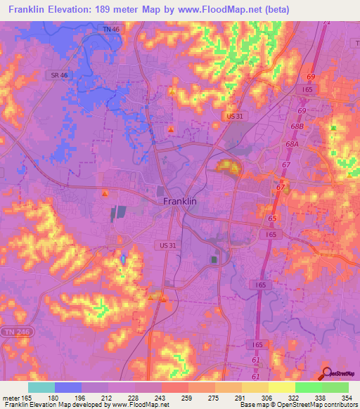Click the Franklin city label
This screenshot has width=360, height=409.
pyautogui.click(x=179, y=201)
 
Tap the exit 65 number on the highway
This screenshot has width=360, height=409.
pyautogui.click(x=272, y=220)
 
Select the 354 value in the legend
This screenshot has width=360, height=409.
pyautogui.click(x=347, y=398)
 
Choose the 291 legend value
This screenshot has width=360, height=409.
pyautogui.click(x=241, y=398)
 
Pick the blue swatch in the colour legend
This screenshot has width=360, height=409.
pyautogui.click(x=68, y=387)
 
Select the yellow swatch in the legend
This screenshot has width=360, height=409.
pyautogui.click(x=282, y=387)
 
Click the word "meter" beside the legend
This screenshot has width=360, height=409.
pyautogui.click(x=10, y=398)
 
